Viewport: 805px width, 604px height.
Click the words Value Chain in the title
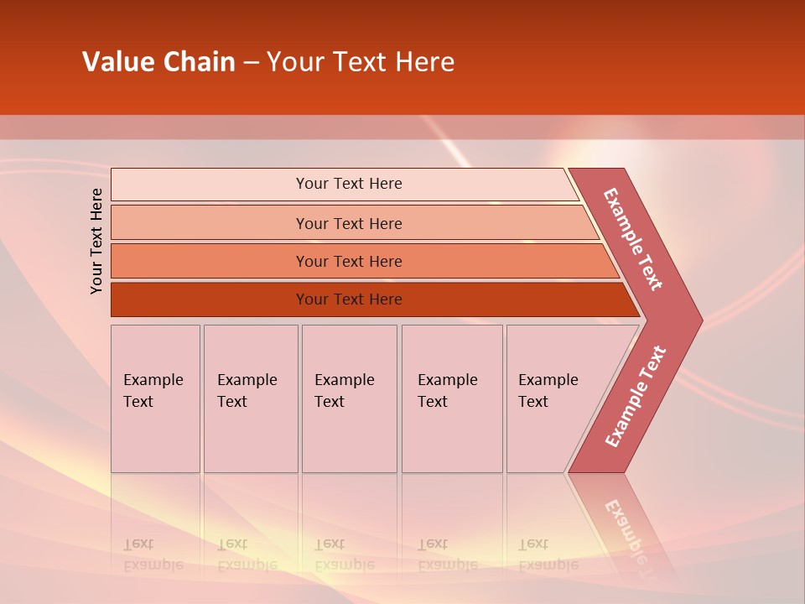coord(158,62)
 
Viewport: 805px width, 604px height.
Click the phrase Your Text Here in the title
coord(361,62)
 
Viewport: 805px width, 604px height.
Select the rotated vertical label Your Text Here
coord(96,241)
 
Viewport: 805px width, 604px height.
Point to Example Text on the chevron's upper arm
coord(633,239)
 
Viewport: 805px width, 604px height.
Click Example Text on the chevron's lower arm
coord(635,397)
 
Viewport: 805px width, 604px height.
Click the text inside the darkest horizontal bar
coord(349,299)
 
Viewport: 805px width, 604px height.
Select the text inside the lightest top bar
coord(349,184)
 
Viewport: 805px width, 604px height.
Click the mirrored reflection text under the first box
coord(153,555)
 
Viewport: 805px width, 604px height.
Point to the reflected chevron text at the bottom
coord(633,528)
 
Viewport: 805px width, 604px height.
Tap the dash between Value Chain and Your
coord(251,63)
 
